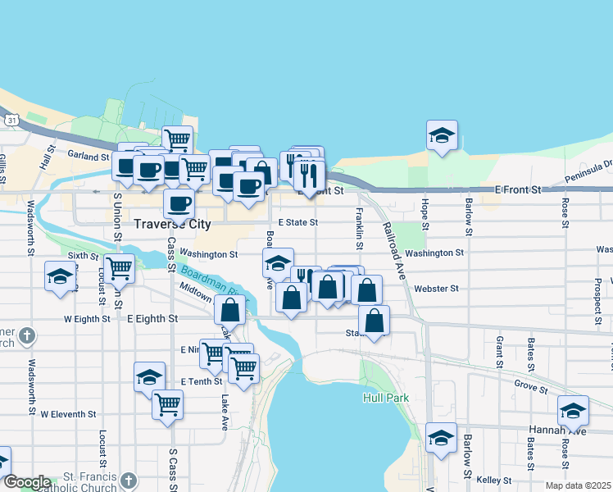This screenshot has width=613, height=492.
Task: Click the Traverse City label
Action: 172,224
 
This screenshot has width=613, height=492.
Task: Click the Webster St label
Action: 437,289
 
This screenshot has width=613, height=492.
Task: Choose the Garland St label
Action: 89,156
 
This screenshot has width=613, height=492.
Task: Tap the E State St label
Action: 297,222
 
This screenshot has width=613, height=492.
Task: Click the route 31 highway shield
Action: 11,120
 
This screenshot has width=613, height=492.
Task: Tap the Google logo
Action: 27,482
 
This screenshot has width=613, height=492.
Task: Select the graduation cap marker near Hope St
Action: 442,136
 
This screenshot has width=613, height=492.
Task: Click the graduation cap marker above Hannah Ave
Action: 573,410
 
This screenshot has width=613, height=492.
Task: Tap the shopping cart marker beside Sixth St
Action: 120,267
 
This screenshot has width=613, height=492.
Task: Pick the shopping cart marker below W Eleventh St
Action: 167,404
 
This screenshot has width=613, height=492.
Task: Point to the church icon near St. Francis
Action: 128,480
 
